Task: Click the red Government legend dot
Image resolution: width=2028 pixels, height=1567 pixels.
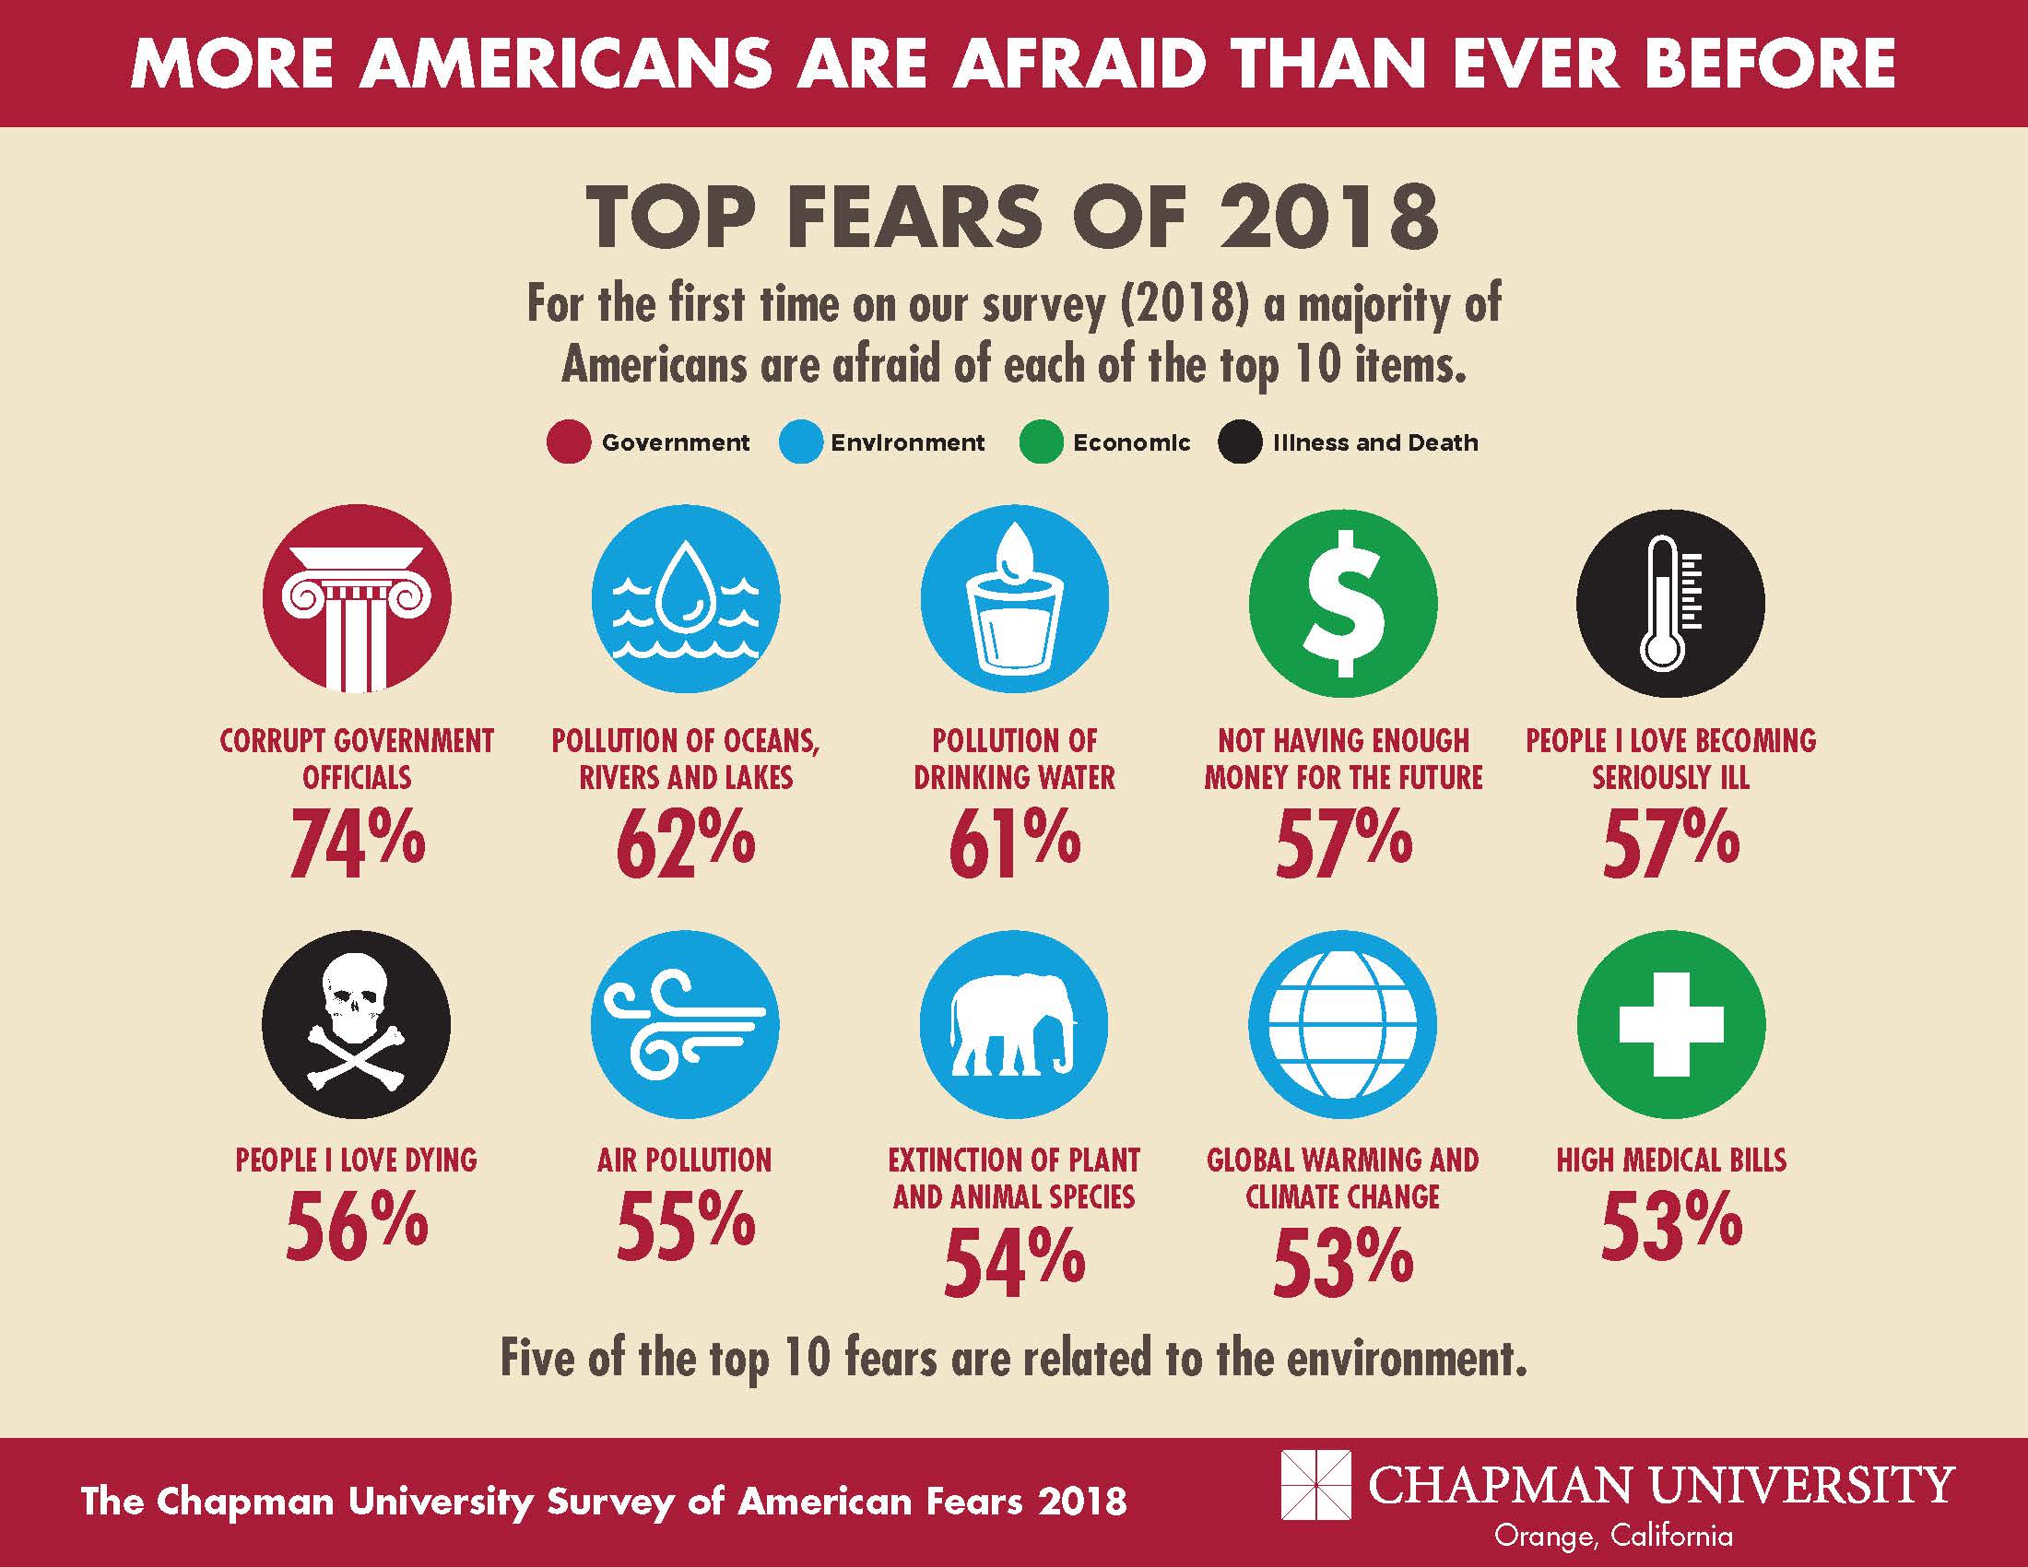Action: pyautogui.click(x=568, y=442)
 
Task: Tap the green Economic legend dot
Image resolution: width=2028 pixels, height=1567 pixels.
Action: pyautogui.click(x=1040, y=442)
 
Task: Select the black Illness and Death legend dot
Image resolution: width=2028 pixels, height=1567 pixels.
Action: pyautogui.click(x=1240, y=442)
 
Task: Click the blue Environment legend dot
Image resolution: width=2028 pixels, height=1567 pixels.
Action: pyautogui.click(x=799, y=442)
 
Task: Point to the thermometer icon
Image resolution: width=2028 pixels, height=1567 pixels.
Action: pyautogui.click(x=1670, y=602)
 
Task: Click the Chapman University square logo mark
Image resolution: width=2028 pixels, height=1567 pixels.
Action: pyautogui.click(x=1315, y=1484)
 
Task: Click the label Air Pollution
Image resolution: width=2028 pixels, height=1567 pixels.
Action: pyautogui.click(x=684, y=1160)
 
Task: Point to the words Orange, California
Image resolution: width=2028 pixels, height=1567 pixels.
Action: pyautogui.click(x=1613, y=1536)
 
